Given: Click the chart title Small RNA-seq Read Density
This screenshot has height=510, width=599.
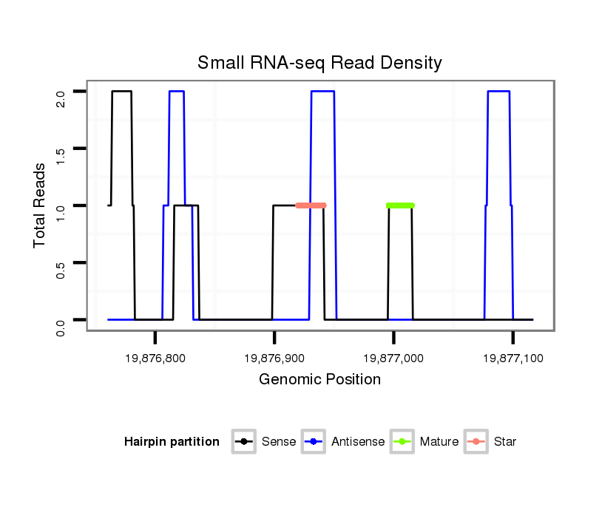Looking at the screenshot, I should [319, 63].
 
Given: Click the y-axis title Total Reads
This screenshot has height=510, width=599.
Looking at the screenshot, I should [40, 205].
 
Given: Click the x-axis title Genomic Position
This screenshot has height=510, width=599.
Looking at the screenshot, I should [319, 380].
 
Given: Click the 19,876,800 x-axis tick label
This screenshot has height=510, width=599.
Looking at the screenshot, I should [155, 358].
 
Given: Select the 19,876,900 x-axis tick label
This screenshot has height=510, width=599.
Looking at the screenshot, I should [274, 358].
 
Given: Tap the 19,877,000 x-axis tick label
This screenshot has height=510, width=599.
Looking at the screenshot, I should [393, 358].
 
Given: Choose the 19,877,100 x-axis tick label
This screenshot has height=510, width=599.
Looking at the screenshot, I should [513, 358].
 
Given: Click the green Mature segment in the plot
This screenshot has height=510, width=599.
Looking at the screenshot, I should [400, 205].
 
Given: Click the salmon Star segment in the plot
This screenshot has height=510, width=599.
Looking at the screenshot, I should [311, 205].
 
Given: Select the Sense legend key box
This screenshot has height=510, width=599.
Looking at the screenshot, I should [243, 442].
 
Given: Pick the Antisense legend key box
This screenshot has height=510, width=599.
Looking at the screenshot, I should [314, 442].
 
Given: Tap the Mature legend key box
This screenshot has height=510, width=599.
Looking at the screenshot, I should [402, 442].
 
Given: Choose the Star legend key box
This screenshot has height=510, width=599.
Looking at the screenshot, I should [476, 442].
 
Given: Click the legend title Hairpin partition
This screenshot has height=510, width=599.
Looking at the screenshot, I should [172, 442].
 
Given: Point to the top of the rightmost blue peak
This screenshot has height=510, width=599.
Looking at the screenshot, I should [498, 91].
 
